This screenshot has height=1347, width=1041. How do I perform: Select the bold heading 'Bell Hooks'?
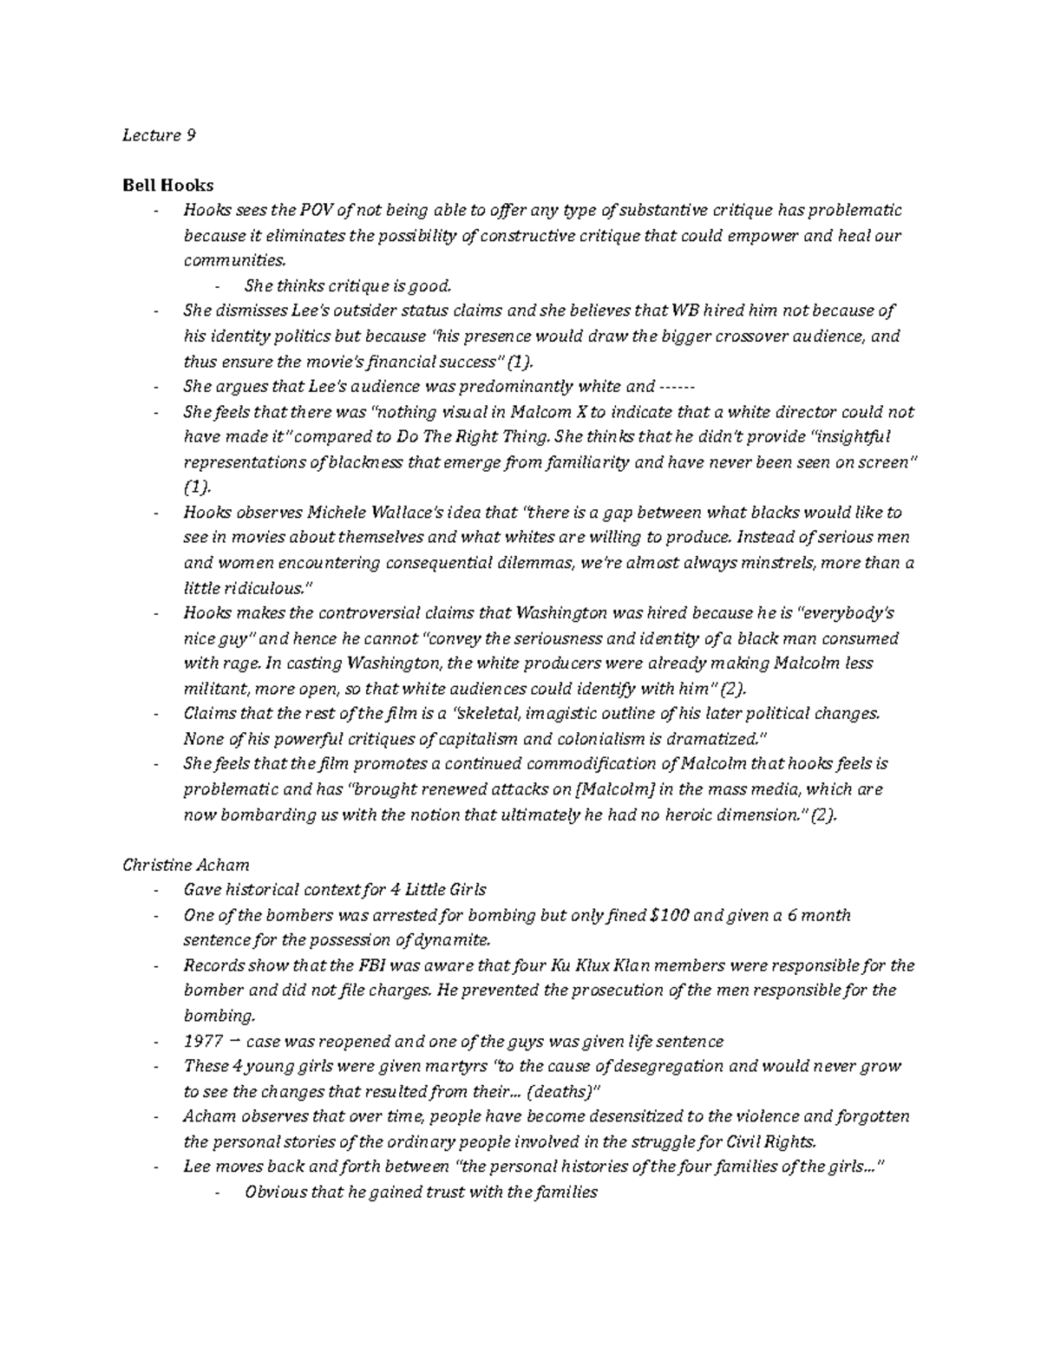tap(167, 185)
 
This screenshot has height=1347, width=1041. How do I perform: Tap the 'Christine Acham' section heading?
tap(186, 864)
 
